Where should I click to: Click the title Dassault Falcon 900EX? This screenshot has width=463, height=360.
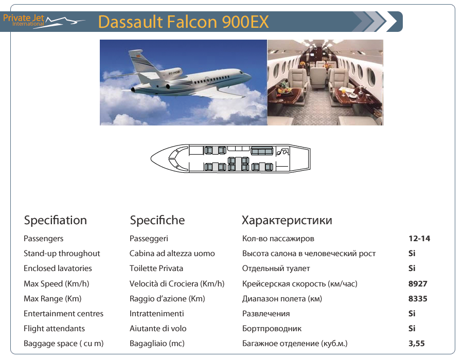click(183, 22)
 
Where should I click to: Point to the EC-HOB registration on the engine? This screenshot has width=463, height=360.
click(174, 72)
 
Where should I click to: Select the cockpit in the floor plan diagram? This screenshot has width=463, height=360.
click(174, 158)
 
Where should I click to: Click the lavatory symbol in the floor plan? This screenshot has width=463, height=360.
click(282, 152)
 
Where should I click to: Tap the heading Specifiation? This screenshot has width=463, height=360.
click(55, 221)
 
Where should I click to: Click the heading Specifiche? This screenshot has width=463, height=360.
click(157, 221)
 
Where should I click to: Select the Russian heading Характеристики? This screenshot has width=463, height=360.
click(287, 221)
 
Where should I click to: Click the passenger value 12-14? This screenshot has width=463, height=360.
click(419, 239)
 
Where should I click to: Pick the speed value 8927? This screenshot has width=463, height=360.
click(418, 283)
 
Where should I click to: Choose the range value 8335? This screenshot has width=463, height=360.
click(418, 299)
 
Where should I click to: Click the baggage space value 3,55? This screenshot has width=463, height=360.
click(417, 344)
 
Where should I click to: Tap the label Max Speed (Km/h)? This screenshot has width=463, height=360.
click(57, 283)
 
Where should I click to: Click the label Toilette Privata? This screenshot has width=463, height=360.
click(156, 268)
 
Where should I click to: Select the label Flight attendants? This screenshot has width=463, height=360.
click(54, 329)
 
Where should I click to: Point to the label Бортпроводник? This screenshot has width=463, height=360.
click(272, 329)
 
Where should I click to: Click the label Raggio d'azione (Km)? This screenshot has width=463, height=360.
click(167, 299)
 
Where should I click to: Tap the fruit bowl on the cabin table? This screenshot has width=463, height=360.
click(283, 88)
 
